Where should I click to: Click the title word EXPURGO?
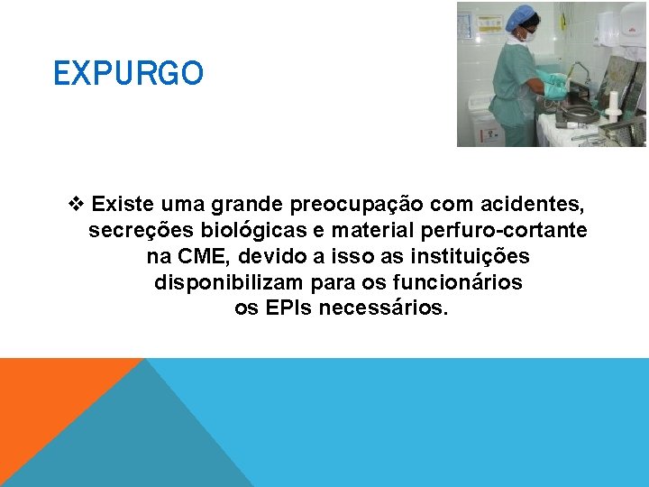coord(128,73)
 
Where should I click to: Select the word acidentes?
coord(532,204)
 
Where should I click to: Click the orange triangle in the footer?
coord(45,397)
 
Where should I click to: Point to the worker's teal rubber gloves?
coord(555,87)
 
